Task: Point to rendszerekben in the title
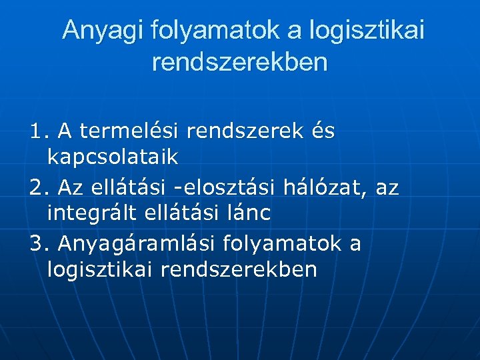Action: coord(240,63)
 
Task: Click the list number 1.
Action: coord(37,132)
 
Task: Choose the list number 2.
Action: coord(37,188)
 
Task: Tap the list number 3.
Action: coord(37,244)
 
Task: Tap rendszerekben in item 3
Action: coord(241,270)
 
